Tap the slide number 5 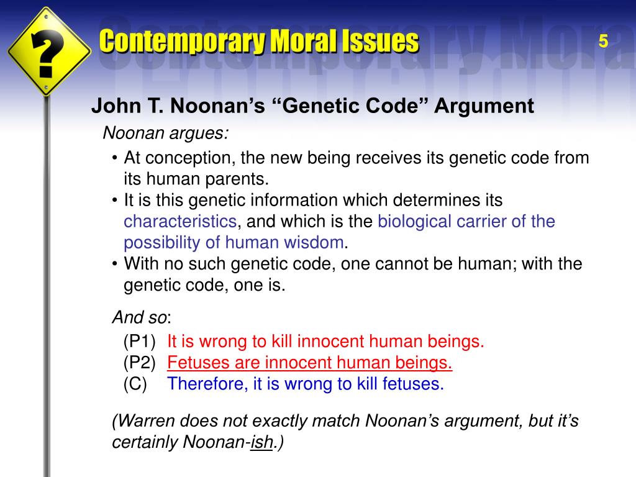[603, 42]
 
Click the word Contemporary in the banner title [179, 42]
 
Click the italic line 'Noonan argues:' [165, 133]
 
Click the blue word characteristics [180, 221]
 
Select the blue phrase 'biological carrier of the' [466, 221]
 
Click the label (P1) [139, 341]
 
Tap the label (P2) [139, 362]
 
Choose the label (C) [135, 383]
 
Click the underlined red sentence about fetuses [310, 362]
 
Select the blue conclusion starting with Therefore [306, 383]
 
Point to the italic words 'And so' [140, 317]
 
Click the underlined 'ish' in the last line [261, 442]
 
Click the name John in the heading [112, 106]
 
